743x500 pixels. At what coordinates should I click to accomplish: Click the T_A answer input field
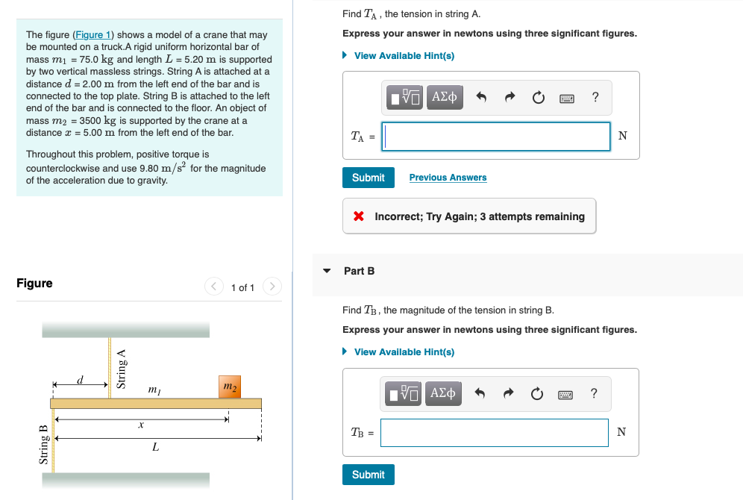[x=496, y=136]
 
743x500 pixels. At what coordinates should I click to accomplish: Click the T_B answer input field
[x=494, y=432]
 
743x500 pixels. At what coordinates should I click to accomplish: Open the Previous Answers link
[x=448, y=178]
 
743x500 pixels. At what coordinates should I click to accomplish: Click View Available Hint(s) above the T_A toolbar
[x=404, y=56]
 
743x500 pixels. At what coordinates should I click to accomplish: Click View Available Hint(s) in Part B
[x=404, y=351]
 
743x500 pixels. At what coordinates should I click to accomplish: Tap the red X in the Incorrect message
[x=359, y=216]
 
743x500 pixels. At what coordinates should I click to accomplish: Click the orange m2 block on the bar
[x=230, y=387]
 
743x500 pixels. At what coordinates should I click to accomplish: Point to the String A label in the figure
[x=121, y=369]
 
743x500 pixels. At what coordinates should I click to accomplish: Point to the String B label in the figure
[x=43, y=444]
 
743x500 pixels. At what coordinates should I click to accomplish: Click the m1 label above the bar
[x=154, y=389]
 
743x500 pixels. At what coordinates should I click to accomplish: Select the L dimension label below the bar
[x=155, y=447]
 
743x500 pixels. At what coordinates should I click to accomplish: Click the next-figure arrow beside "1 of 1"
[x=273, y=287]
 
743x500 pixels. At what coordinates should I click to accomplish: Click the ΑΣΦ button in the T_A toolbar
[x=444, y=97]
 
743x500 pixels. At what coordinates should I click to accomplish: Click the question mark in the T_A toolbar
[x=595, y=97]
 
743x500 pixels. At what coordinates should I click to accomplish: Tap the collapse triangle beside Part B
[x=326, y=271]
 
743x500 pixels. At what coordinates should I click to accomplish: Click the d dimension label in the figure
[x=81, y=380]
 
